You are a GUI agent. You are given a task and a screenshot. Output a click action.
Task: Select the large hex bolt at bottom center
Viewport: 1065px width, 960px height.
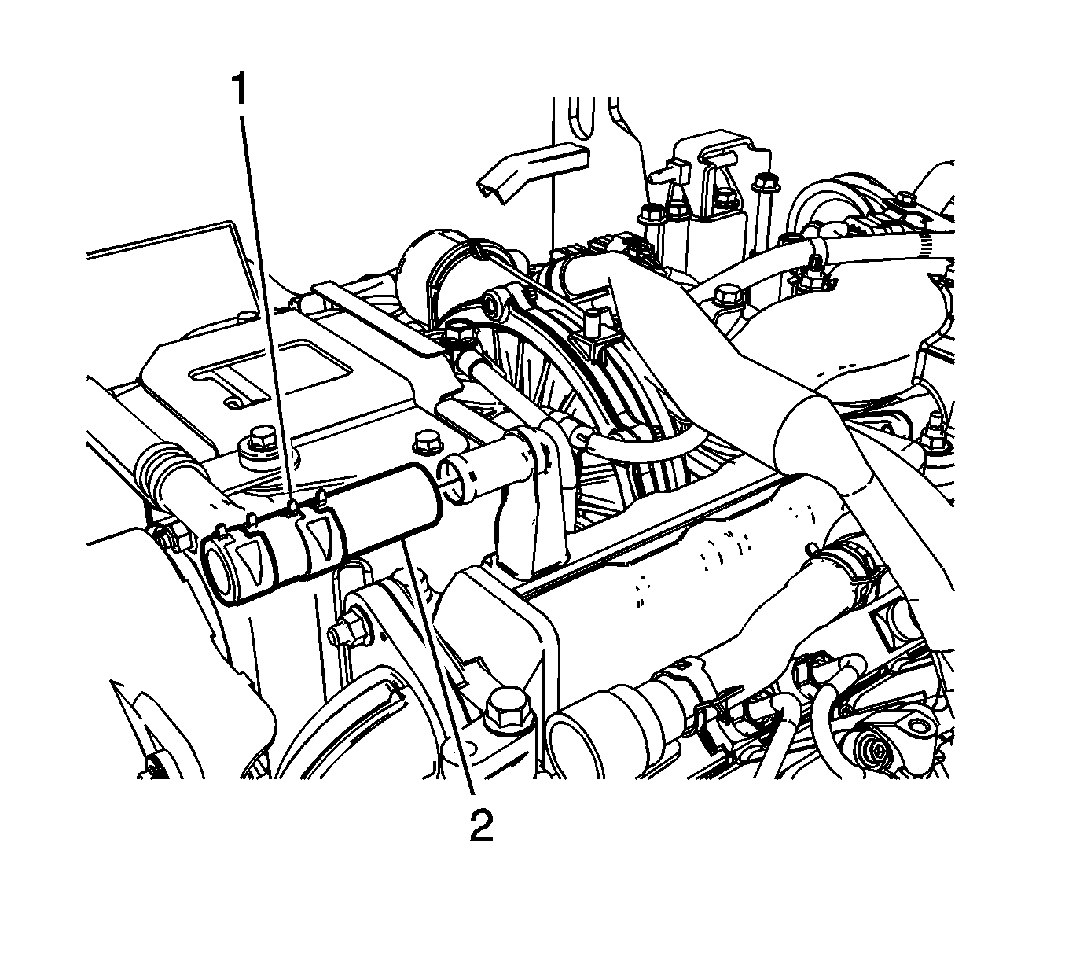pos(508,708)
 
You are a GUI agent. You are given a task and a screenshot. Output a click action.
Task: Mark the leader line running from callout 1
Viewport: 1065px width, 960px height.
pos(267,314)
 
